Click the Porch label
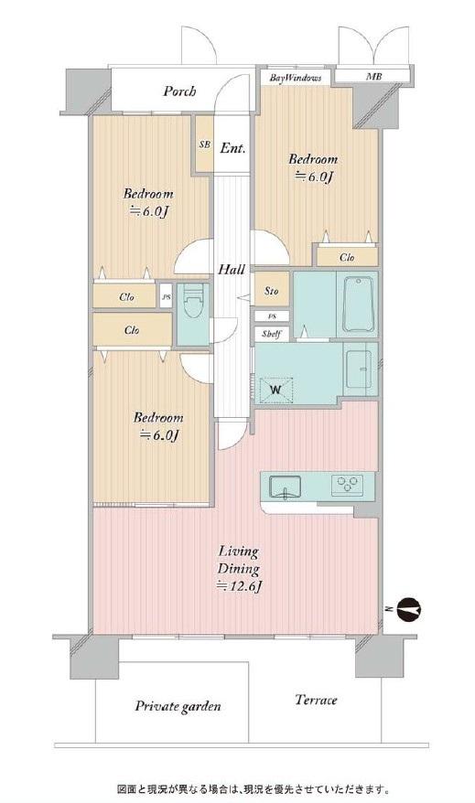coord(179,91)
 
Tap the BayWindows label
coord(296,78)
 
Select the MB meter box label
coord(373,77)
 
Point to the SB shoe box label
coord(204,145)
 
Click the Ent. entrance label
coord(232,148)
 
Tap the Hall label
coord(232,270)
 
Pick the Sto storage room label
coord(272,291)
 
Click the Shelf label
coord(271,335)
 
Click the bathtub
coord(358,305)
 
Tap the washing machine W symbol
coord(275,391)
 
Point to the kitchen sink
coord(286,487)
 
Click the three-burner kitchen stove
coord(348,485)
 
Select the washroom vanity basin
coord(359,369)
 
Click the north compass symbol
coord(408,608)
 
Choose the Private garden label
coord(178,707)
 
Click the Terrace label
coord(316,700)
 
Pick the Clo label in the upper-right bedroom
coord(347,257)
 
